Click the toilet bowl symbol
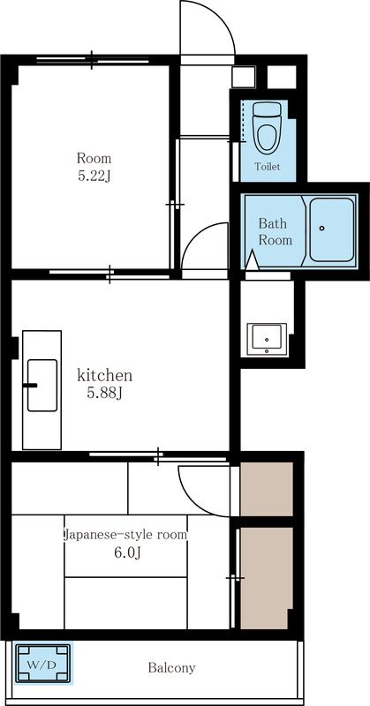pos(267,127)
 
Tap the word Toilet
pos(268,167)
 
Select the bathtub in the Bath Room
pos(331,229)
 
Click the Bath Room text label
pos(275,231)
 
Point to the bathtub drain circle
pos(321,229)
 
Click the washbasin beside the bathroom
pos(267,339)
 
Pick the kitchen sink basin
pos(42,385)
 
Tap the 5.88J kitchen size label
pos(104,394)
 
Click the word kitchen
pos(104,374)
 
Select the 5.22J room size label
pos(94,176)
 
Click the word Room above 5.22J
pos(94,159)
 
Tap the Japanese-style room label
pos(125,536)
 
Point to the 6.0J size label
pos(127,553)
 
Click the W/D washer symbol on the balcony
pos(43,664)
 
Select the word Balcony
pos(171,668)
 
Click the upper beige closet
pos(267,489)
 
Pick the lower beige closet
pos(264,578)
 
